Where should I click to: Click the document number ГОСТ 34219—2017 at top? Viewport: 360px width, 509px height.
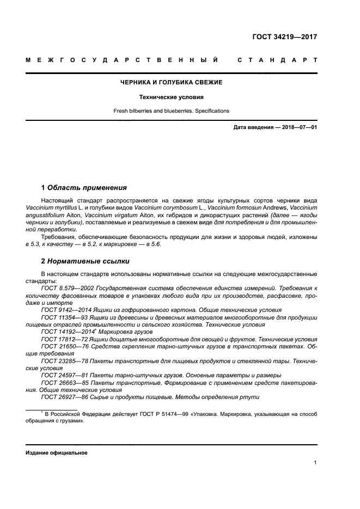point(284,38)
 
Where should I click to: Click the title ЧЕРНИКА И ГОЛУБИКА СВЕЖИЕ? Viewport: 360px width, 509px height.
point(171,82)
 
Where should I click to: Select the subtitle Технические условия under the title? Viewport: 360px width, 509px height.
point(171,97)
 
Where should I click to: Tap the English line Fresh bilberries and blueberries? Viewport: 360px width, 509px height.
point(171,111)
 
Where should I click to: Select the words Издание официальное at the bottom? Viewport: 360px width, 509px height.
point(56,453)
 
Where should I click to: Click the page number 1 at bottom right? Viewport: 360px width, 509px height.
point(315,463)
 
